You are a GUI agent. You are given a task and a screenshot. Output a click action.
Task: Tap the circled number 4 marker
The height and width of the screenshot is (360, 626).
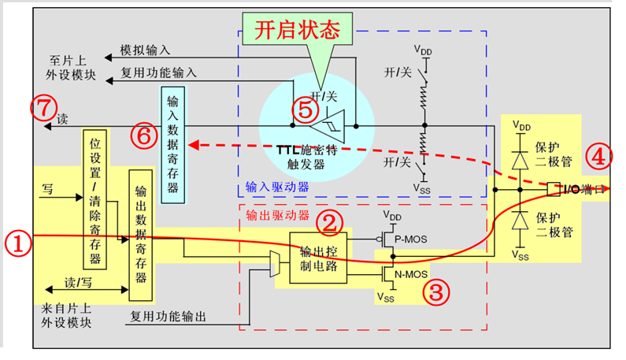point(598,156)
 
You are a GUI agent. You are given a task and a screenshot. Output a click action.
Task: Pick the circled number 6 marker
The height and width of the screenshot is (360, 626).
point(143,136)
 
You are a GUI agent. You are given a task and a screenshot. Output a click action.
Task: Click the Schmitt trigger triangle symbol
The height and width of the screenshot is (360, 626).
point(326,125)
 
